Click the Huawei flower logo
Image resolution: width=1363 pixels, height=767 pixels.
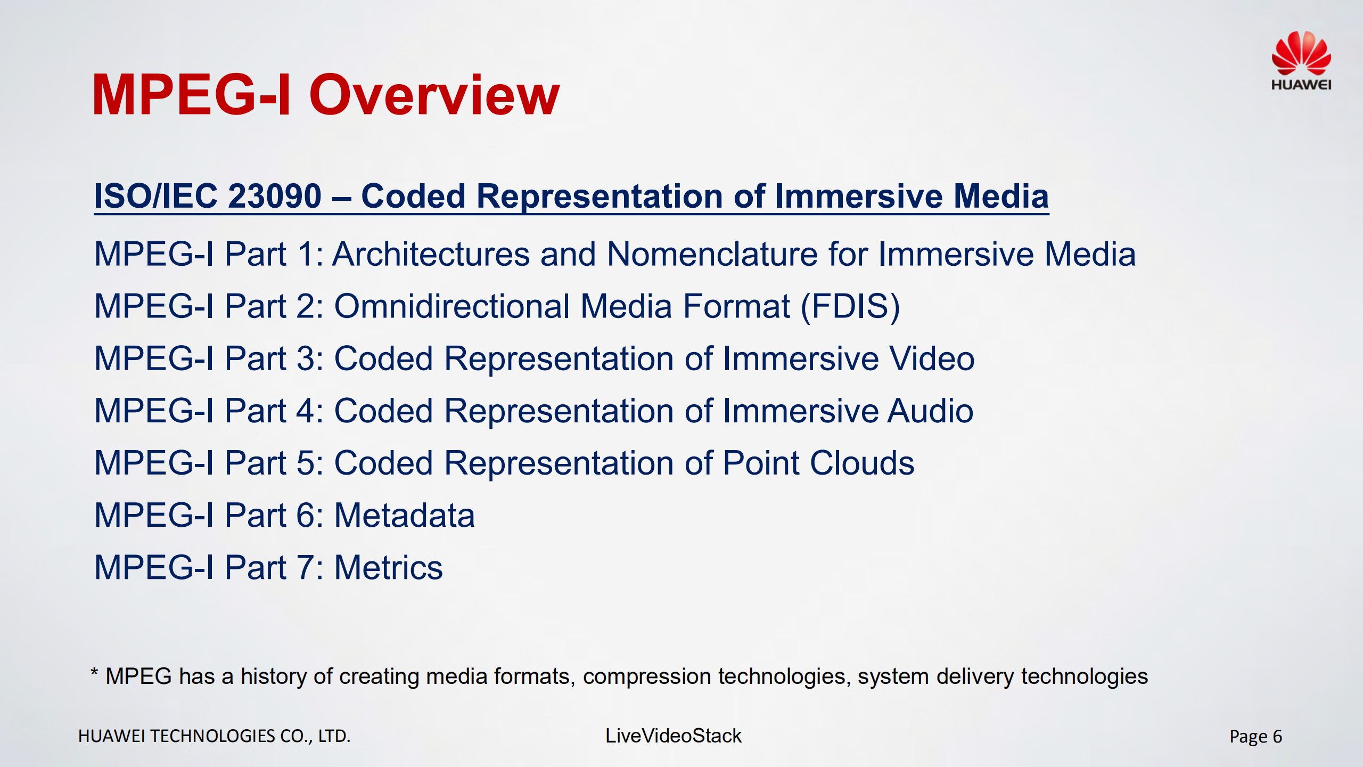pyautogui.click(x=1301, y=53)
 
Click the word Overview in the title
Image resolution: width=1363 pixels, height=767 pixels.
pyautogui.click(x=434, y=96)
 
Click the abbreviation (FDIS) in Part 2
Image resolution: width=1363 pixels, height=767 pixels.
pyautogui.click(x=850, y=306)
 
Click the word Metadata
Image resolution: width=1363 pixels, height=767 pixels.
pyautogui.click(x=404, y=515)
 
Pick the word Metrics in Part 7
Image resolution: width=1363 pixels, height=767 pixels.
pyautogui.click(x=388, y=567)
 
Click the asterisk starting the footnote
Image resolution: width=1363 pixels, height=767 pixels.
pyautogui.click(x=94, y=673)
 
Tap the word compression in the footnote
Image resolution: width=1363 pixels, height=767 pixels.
pyautogui.click(x=647, y=676)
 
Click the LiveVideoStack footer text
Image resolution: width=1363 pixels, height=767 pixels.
pyautogui.click(x=673, y=736)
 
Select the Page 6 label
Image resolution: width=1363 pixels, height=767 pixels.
pyautogui.click(x=1255, y=737)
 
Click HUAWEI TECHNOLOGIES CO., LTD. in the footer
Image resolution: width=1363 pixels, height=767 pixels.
pyautogui.click(x=214, y=736)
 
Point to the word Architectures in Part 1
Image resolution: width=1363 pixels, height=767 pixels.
pyautogui.click(x=431, y=254)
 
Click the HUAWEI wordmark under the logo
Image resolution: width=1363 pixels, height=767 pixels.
pyautogui.click(x=1301, y=85)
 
